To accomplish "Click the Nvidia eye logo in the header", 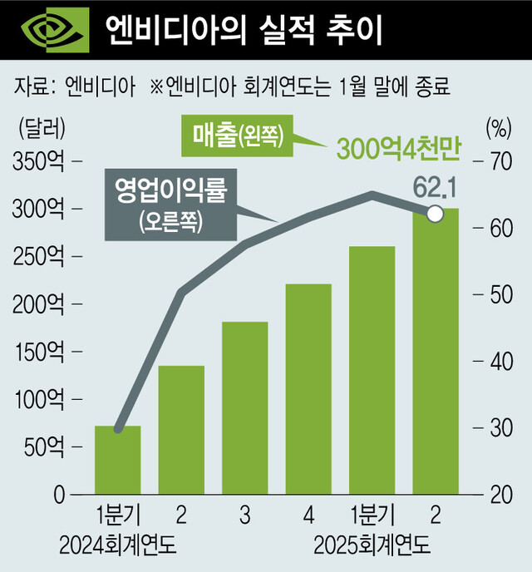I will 52,31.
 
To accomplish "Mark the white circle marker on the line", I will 434,214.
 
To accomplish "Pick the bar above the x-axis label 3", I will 245,408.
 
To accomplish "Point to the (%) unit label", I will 497,129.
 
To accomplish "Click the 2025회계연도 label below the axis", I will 372,546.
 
